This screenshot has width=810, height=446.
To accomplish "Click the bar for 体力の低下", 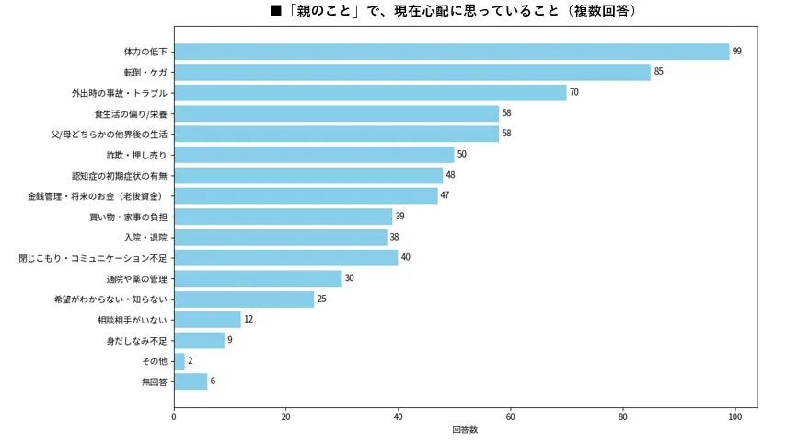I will click(x=451, y=52).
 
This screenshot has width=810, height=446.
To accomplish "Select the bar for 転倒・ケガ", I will click(x=411, y=72).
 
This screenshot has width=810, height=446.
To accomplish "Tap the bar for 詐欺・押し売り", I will click(x=314, y=155).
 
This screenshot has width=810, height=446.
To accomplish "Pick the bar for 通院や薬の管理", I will click(x=258, y=278).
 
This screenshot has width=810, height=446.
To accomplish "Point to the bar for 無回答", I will click(x=191, y=381).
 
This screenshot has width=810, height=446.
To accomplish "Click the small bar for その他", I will click(x=179, y=361).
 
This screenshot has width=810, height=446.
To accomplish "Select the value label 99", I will click(x=737, y=52).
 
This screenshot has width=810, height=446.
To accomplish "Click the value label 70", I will click(x=574, y=93).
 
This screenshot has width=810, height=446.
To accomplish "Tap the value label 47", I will click(x=445, y=196).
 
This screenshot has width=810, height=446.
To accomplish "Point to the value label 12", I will click(x=249, y=320).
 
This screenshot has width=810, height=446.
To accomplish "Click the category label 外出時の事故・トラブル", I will click(x=120, y=93).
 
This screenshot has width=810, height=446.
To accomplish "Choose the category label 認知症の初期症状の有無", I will click(x=120, y=175).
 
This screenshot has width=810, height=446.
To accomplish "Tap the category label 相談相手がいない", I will click(x=133, y=320).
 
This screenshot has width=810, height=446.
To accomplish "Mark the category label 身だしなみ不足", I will click(x=137, y=340).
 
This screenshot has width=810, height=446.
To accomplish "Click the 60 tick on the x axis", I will click(x=511, y=417).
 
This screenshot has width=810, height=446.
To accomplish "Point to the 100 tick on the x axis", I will click(x=735, y=417).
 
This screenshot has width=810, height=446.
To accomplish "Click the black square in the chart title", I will click(x=275, y=11).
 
